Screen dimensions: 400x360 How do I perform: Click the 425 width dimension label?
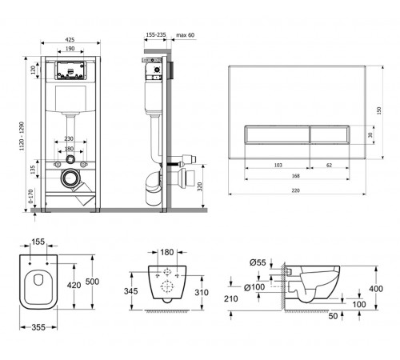click(x=70, y=39)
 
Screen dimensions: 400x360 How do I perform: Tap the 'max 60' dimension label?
click(x=186, y=35)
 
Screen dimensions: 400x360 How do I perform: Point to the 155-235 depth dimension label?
click(x=156, y=34)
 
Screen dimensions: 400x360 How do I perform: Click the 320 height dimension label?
click(x=200, y=186)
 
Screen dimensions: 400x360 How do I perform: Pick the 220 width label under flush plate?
click(x=295, y=190)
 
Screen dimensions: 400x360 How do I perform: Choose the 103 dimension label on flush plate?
click(x=278, y=166)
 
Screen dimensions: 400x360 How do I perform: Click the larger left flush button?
click(x=278, y=134)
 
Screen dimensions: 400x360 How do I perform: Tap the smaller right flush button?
click(x=330, y=134)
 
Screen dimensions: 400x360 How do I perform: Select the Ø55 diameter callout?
click(x=258, y=262)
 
